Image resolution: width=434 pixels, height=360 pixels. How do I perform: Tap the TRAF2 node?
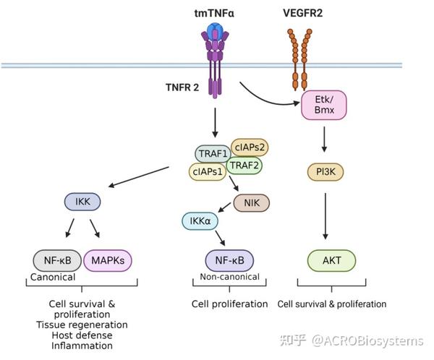pos(244,165)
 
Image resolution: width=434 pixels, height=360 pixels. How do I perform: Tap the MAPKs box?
pos(109,260)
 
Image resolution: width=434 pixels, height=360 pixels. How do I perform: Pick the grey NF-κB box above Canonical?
pos(56,260)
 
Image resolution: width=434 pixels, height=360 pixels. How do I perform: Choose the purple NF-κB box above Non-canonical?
pos(229,260)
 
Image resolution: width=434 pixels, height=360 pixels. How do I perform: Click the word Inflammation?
pos(82,346)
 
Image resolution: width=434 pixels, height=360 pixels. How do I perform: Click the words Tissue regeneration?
pos(82,325)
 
